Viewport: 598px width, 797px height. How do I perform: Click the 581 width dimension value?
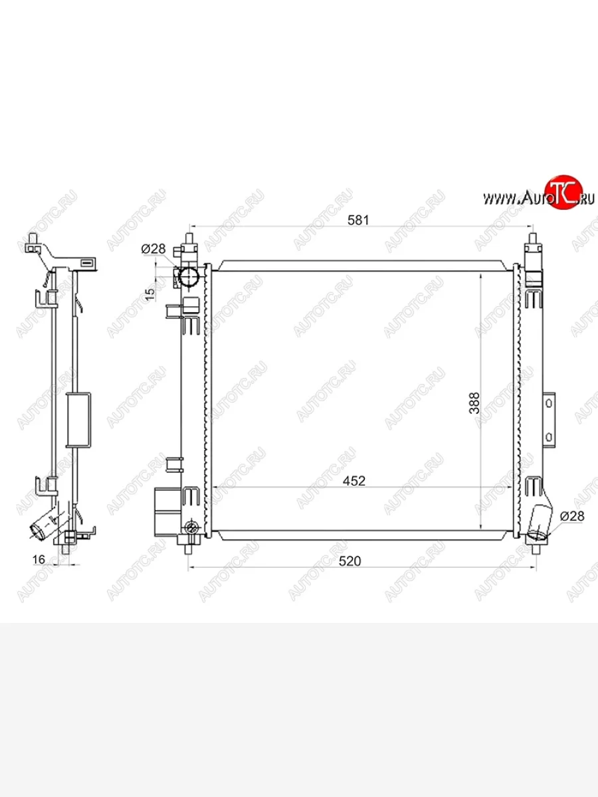pyautogui.click(x=358, y=220)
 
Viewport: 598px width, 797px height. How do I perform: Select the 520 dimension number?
pyautogui.click(x=349, y=561)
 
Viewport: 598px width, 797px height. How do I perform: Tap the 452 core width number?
pyautogui.click(x=354, y=481)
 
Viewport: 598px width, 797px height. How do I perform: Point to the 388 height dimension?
pyautogui.click(x=474, y=403)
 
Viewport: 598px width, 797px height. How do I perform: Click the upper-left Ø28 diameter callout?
pyautogui.click(x=153, y=248)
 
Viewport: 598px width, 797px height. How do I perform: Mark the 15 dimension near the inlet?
pyautogui.click(x=149, y=294)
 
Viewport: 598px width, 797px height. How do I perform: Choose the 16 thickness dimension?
pyautogui.click(x=39, y=559)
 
